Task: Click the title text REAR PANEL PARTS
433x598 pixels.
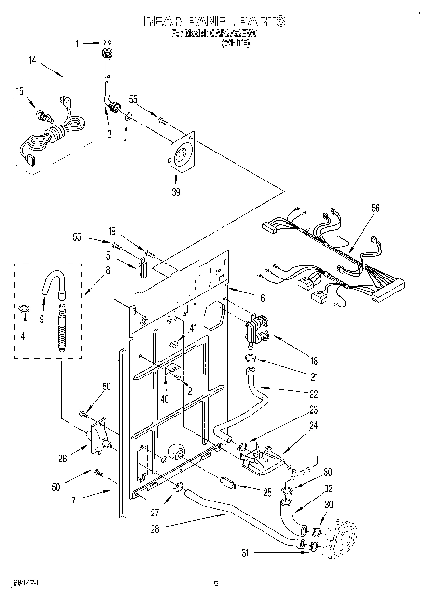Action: click(x=215, y=21)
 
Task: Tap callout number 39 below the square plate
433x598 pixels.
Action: click(x=176, y=193)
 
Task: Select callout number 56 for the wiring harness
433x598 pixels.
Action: click(x=375, y=208)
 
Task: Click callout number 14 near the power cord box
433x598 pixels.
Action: click(x=32, y=60)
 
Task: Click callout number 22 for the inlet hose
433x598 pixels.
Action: click(x=314, y=394)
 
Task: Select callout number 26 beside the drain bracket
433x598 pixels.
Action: click(x=63, y=459)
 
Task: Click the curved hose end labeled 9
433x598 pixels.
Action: click(x=54, y=284)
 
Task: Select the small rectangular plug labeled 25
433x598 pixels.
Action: click(x=227, y=482)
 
